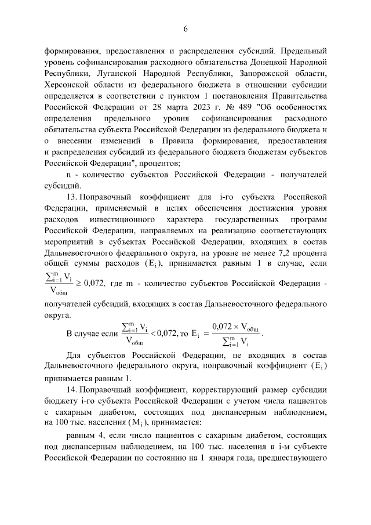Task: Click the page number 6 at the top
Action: coord(185,29)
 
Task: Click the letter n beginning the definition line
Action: coord(68,173)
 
